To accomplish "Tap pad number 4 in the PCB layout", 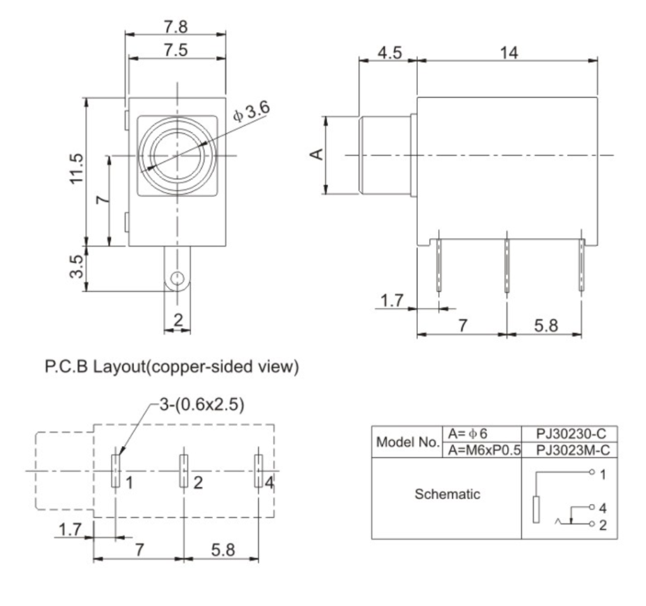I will [258, 471].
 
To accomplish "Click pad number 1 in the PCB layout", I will [115, 471].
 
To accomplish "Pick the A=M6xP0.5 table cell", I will [482, 450].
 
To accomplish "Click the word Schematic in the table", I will [446, 494].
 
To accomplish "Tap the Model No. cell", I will [407, 442].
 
